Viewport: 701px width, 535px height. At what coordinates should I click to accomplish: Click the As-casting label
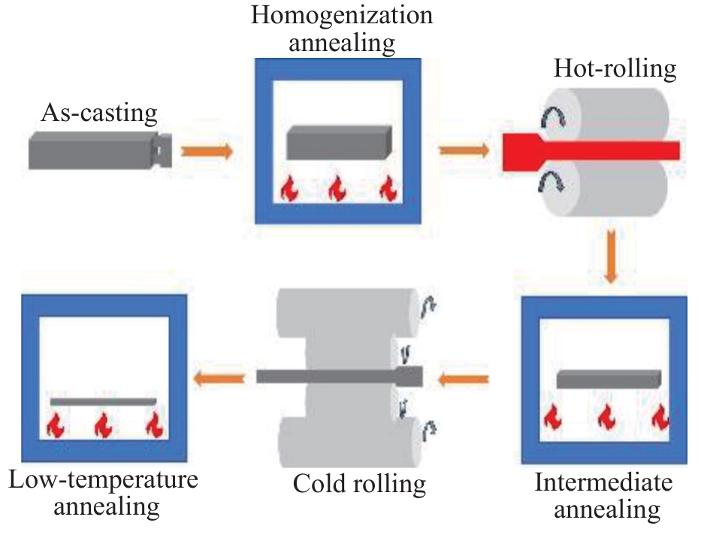coord(99,113)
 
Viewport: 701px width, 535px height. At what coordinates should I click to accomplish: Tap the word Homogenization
coord(342,17)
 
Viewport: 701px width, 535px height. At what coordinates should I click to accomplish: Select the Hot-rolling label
coord(615,69)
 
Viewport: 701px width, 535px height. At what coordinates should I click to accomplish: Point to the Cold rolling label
coord(359,485)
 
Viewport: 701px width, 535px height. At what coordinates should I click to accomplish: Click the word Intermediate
coord(603,482)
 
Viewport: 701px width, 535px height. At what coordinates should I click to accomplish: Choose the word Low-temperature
coord(103,480)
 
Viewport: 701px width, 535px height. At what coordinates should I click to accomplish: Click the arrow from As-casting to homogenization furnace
coord(207,151)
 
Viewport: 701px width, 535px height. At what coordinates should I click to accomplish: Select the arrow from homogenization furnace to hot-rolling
coord(464,150)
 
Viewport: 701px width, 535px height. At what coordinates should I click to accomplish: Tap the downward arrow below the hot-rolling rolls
coord(611,256)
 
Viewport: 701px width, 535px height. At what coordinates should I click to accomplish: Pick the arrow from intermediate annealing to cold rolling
coord(463,380)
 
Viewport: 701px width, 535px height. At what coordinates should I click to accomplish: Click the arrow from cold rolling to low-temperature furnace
coord(219,379)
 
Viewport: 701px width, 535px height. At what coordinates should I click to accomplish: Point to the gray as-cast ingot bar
coord(100,150)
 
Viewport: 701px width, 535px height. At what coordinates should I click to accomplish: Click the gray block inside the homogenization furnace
coord(339,143)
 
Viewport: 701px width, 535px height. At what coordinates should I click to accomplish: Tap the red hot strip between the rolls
coord(591,152)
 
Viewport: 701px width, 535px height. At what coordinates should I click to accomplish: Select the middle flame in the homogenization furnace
coord(337,189)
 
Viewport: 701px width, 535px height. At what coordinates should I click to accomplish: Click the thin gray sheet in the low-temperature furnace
coord(103,402)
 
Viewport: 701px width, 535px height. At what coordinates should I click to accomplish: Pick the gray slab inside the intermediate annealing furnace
coord(609,379)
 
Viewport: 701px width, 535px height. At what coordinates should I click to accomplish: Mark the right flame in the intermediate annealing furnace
coord(660,416)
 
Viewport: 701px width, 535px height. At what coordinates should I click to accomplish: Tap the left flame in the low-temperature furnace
coord(56,425)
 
